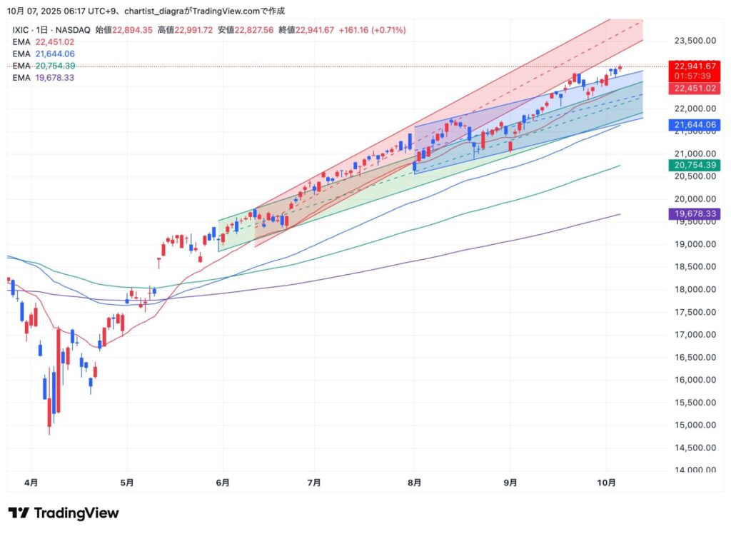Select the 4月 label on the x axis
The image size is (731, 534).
click(x=31, y=483)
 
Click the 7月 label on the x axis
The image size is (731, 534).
click(x=314, y=483)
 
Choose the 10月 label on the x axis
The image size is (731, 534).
click(x=605, y=483)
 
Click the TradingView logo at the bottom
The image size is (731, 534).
click(x=64, y=513)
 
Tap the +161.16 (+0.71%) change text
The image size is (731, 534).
click(x=372, y=30)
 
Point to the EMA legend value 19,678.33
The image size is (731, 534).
click(x=55, y=77)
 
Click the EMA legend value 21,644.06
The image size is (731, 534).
click(x=55, y=54)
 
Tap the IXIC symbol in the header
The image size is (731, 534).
click(x=22, y=30)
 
